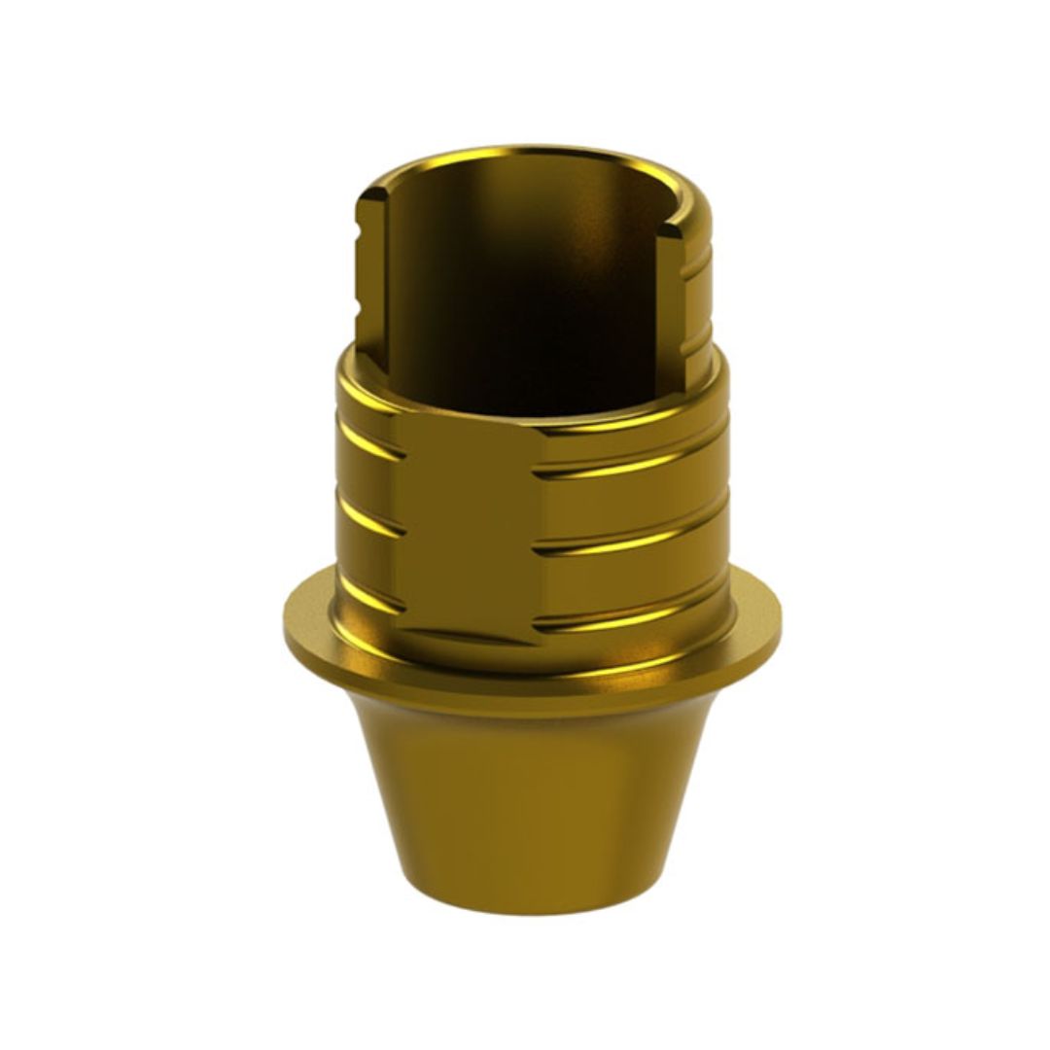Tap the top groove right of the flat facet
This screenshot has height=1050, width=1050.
pos(632,465)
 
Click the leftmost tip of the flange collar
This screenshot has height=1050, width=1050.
pos(286,622)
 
